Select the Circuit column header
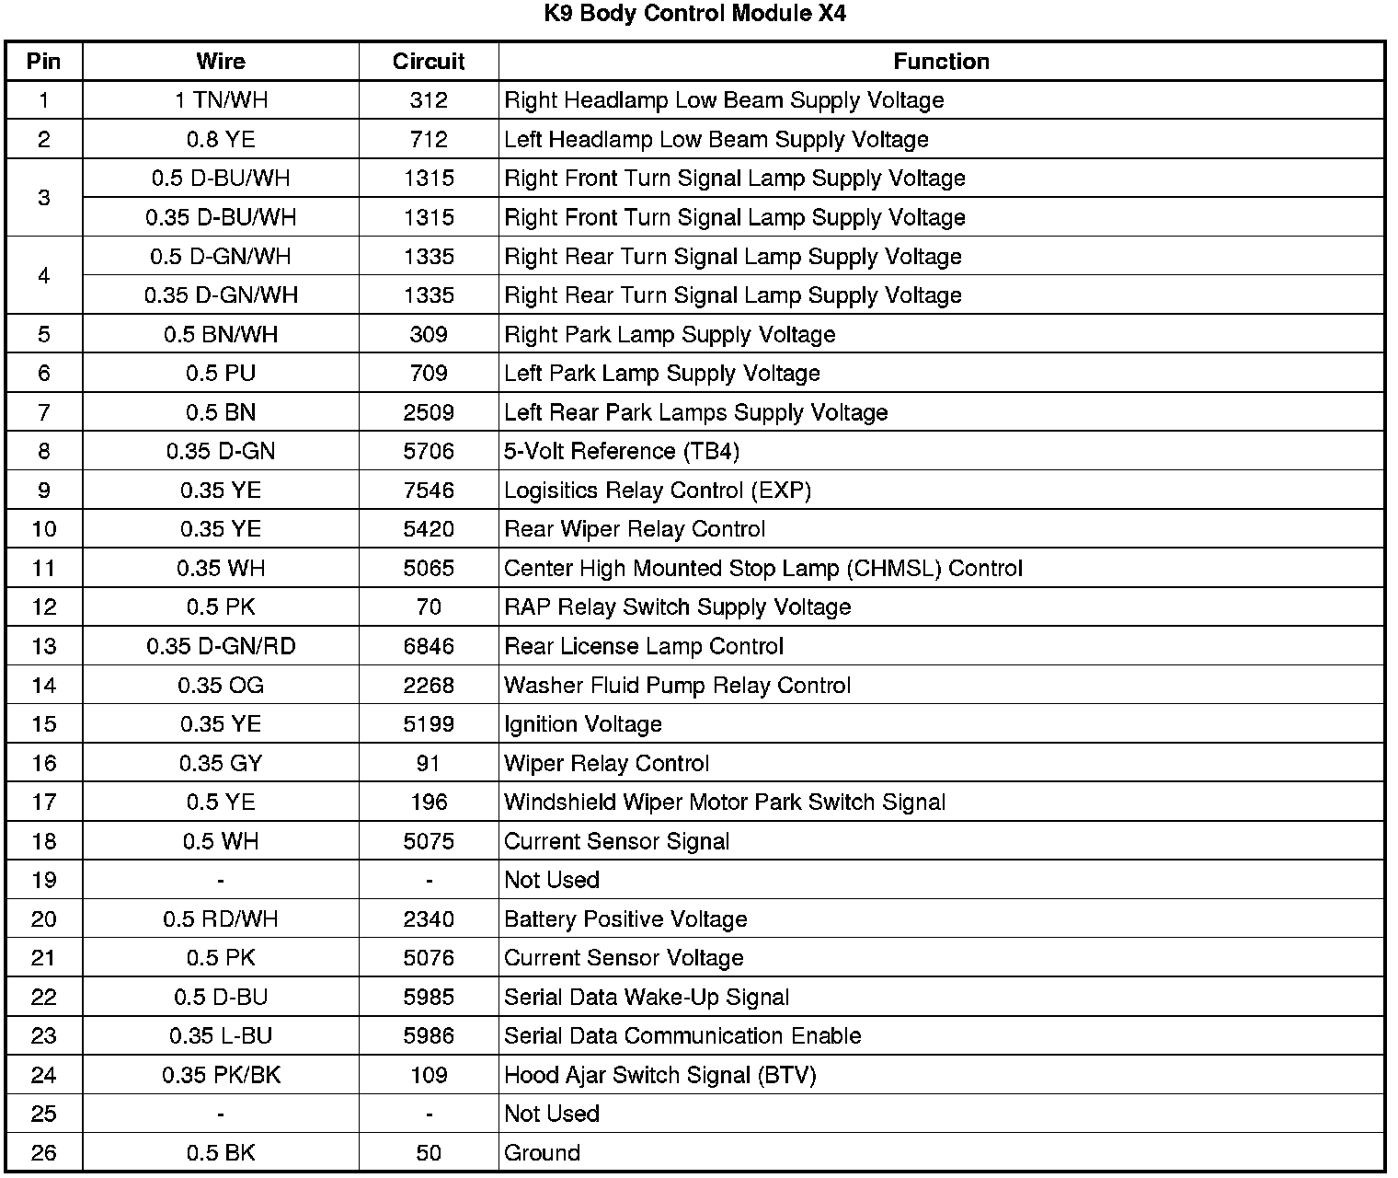click(429, 62)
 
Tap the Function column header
click(941, 62)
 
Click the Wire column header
click(221, 62)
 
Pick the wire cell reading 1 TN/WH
click(221, 100)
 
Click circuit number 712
click(429, 140)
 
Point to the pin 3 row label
click(43, 198)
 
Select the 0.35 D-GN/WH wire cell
click(221, 295)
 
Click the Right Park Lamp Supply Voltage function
click(670, 335)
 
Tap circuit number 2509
click(429, 412)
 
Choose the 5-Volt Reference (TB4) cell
click(622, 452)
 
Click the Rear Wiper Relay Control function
click(635, 529)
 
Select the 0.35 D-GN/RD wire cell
click(221, 647)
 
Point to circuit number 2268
click(429, 686)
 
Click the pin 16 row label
click(43, 764)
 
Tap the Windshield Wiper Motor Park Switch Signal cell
click(725, 803)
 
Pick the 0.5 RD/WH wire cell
click(221, 919)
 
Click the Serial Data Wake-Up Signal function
click(647, 998)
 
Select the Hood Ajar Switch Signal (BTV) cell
click(660, 1075)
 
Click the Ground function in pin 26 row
click(542, 1153)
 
